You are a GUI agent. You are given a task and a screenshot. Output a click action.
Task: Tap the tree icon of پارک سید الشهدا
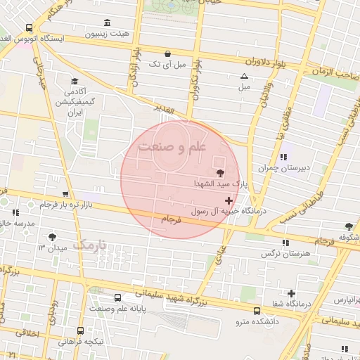tap(220, 172)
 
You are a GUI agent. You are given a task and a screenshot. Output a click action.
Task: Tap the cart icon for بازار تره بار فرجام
tap(65, 193)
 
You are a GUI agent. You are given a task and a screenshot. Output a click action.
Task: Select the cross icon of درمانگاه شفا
tap(291, 292)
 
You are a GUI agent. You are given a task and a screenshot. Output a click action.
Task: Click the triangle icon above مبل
tap(244, 76)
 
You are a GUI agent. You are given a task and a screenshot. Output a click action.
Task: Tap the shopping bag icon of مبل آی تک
tap(167, 53)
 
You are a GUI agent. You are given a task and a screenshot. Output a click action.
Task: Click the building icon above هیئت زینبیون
tap(107, 22)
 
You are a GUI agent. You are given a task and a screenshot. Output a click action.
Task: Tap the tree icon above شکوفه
tap(349, 226)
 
